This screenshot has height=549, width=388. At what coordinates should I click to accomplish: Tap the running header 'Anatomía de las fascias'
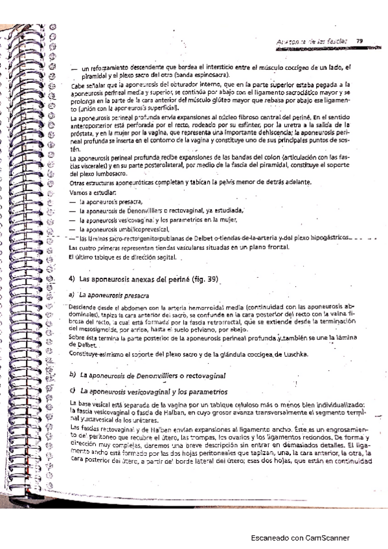point(312,43)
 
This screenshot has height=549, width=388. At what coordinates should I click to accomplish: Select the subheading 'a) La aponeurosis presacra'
point(110,295)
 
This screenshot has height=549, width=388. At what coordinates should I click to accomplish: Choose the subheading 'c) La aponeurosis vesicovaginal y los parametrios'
point(152,392)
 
